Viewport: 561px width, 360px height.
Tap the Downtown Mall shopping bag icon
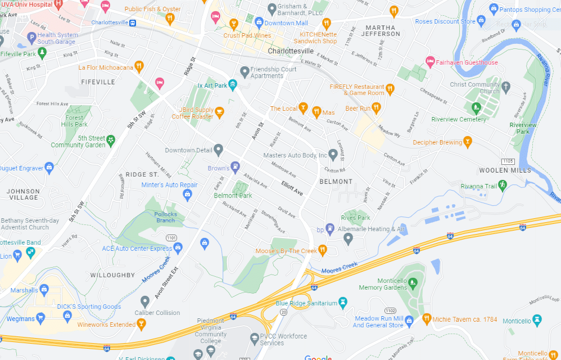click(259, 22)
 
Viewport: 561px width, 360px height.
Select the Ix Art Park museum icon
click(233, 85)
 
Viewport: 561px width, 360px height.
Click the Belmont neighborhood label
click(336, 182)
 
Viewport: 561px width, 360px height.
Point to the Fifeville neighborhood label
click(98, 82)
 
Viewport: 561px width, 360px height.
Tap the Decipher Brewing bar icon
click(467, 142)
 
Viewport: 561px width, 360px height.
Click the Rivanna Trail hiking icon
click(503, 184)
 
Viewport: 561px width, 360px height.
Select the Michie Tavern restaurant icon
click(427, 319)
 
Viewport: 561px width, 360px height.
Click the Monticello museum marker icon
click(537, 321)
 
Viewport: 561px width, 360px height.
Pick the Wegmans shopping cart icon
click(40, 318)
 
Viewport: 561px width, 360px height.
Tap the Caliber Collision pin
click(145, 301)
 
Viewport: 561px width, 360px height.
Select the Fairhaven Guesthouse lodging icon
click(430, 61)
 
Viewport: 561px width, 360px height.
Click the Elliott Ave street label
click(292, 188)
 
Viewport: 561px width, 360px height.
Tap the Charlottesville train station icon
click(133, 23)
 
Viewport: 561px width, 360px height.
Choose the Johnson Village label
click(23, 194)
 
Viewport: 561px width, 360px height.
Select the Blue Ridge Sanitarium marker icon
click(344, 303)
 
